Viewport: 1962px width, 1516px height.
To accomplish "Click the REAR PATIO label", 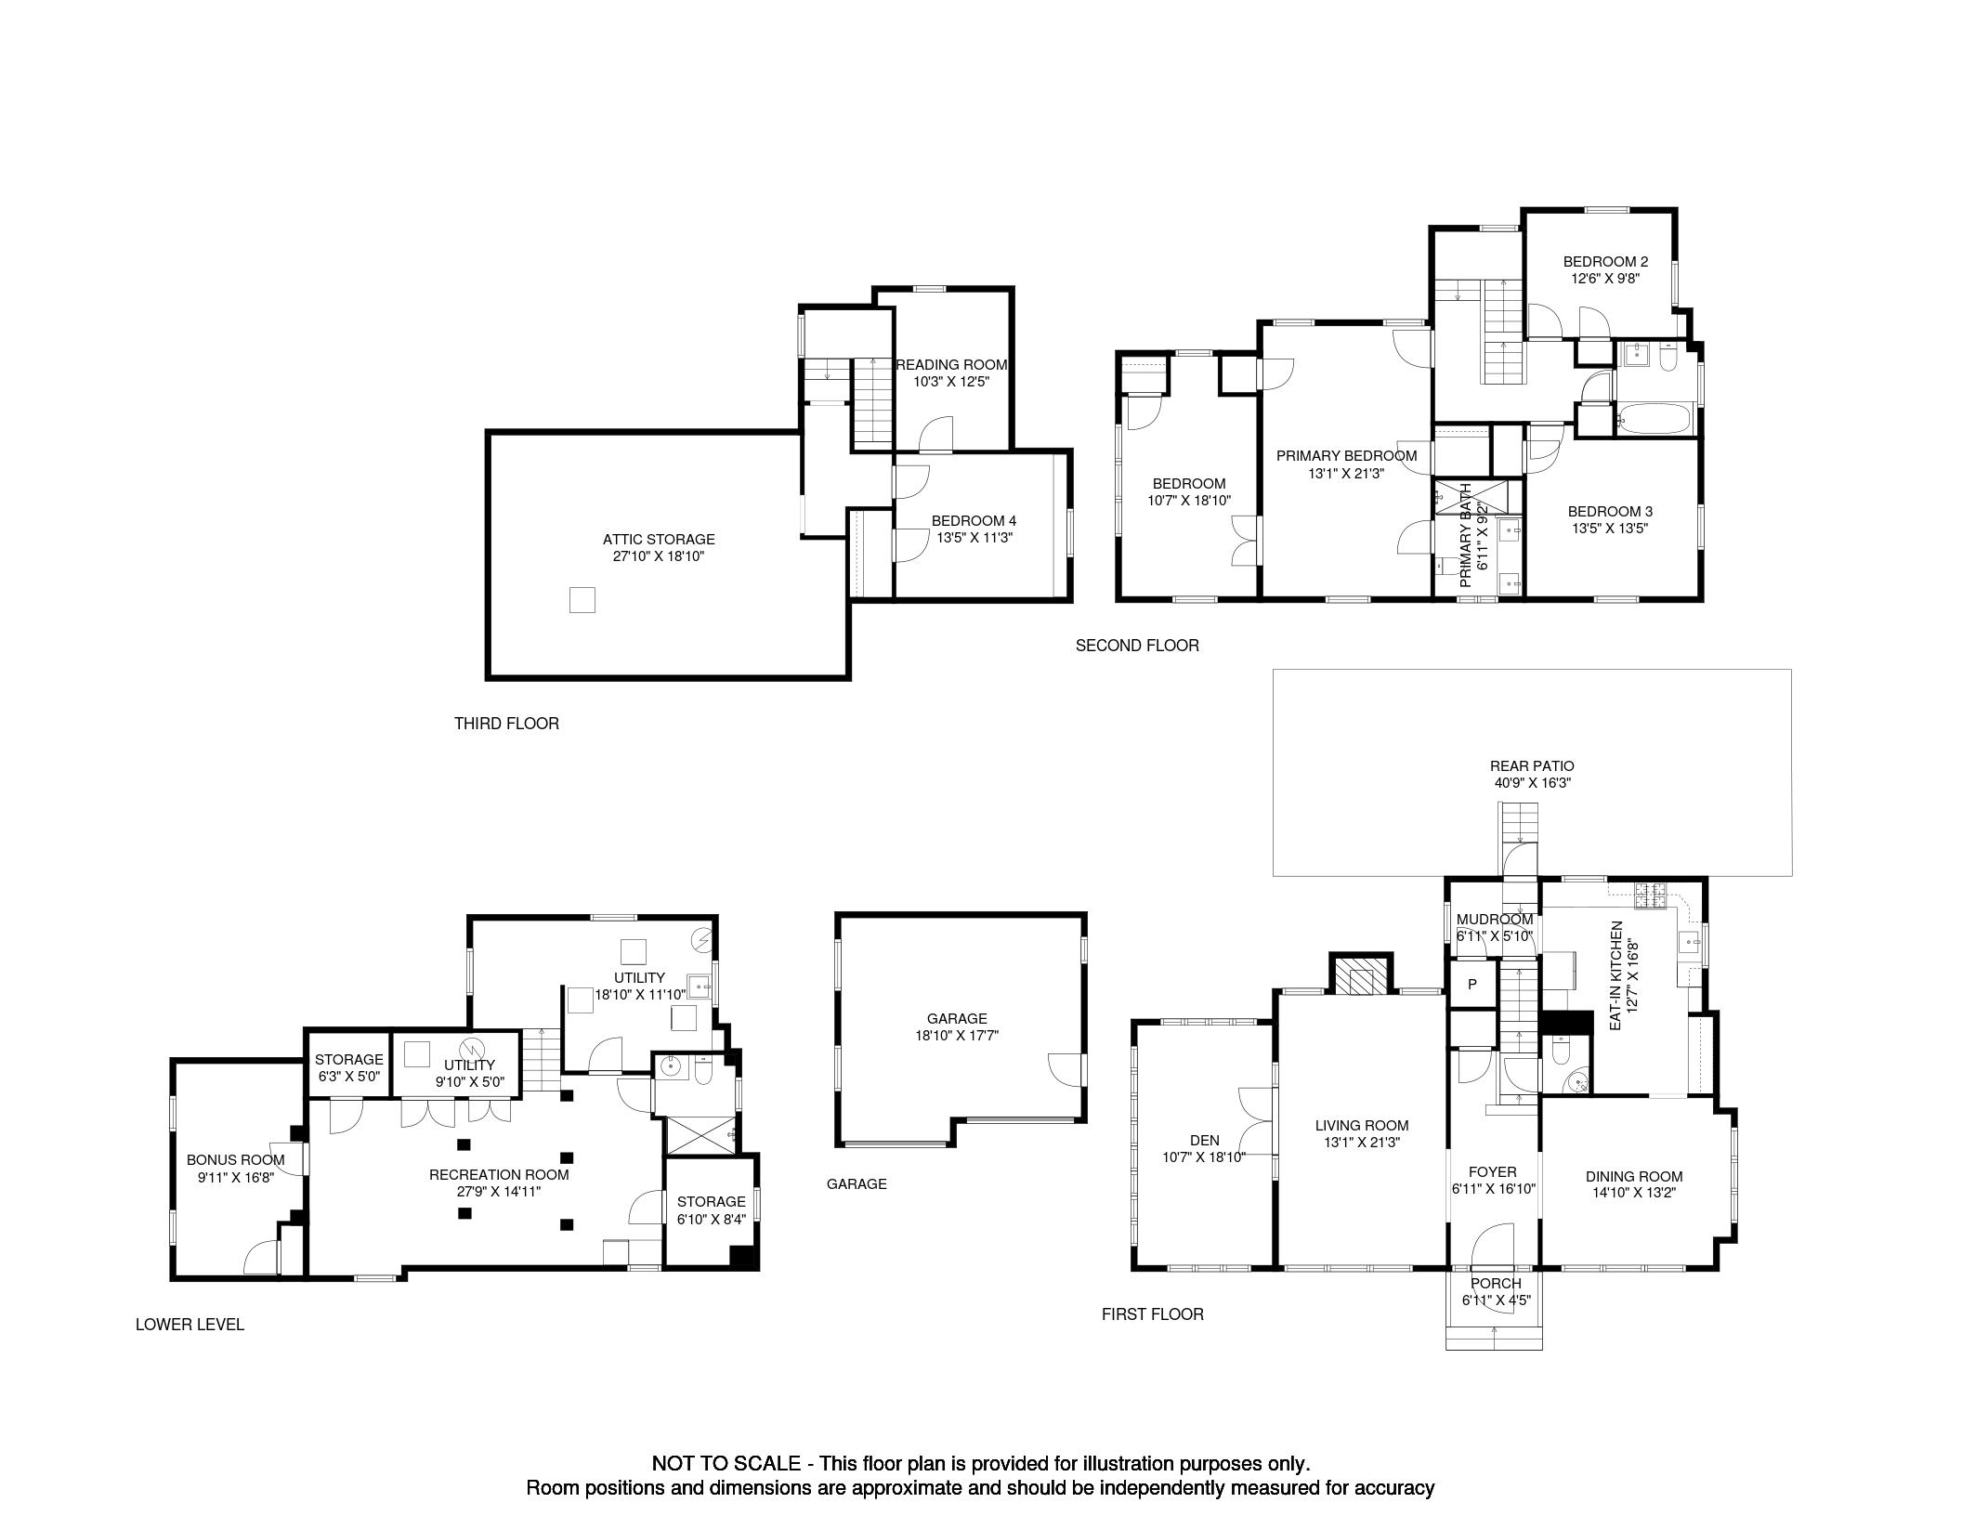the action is (1532, 766).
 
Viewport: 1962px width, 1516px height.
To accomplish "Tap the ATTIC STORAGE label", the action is (659, 539).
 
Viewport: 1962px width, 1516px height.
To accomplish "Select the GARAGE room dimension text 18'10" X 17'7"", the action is (957, 1035).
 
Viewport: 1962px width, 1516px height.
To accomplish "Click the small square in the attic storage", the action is (582, 600).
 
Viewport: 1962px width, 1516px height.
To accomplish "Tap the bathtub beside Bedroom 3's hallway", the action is (1655, 418).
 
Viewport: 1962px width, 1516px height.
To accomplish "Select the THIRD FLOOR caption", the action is (506, 723).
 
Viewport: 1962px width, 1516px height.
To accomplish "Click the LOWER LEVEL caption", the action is (190, 1324).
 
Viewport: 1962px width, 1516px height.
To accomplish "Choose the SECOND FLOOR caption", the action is (1137, 645).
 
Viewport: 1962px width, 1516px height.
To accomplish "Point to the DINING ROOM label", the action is (1634, 1176).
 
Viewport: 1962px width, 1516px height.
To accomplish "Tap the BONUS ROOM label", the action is (235, 1159).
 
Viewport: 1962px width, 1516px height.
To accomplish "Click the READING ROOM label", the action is (951, 365).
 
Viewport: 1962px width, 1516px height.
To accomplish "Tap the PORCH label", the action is (1496, 1284).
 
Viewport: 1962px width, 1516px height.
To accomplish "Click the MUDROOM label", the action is (1495, 920).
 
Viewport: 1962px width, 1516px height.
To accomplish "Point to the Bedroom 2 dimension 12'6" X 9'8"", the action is (1605, 279).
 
